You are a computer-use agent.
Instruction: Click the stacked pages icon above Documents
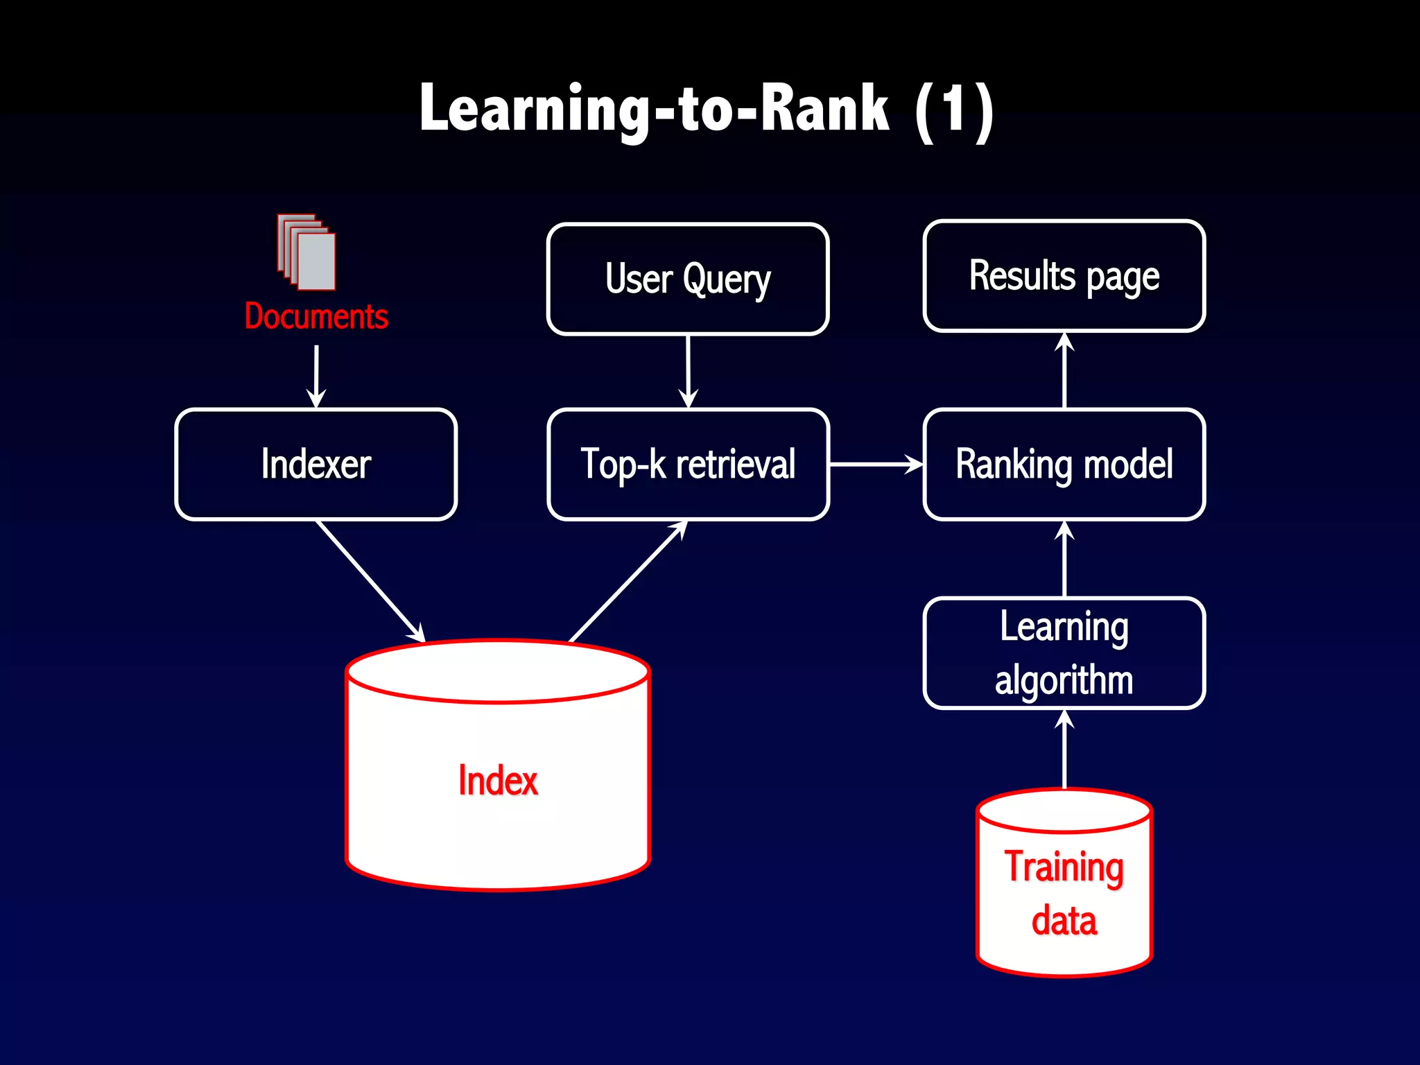(306, 252)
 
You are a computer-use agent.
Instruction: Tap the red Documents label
(316, 317)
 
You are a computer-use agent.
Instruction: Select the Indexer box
(316, 464)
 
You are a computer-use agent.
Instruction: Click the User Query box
(688, 279)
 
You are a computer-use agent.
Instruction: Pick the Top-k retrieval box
(688, 464)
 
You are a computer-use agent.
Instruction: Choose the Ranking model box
(1064, 464)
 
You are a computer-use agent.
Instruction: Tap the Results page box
(1064, 276)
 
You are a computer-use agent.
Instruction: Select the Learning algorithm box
(1064, 652)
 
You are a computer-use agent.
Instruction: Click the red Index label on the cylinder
(498, 781)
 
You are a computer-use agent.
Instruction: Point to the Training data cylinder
(1064, 894)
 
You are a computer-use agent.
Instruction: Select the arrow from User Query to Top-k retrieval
(688, 372)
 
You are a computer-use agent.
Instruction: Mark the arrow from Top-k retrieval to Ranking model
(875, 464)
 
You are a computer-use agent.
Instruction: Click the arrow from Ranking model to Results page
(1064, 371)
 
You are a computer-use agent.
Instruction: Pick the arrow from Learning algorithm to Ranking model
(1064, 560)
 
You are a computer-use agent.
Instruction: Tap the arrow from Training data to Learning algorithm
(1064, 749)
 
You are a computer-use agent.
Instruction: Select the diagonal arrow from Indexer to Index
(371, 581)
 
